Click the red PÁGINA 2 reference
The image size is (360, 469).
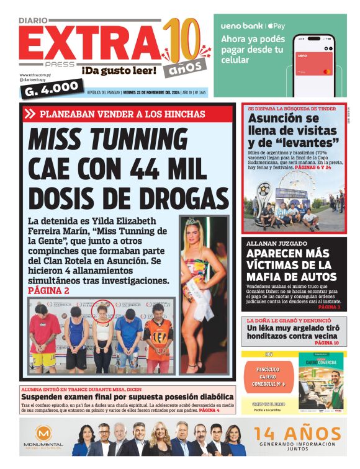49,290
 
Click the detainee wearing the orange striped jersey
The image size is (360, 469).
158,335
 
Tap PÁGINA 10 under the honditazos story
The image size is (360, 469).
326,342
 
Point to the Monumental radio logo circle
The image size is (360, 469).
43,435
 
